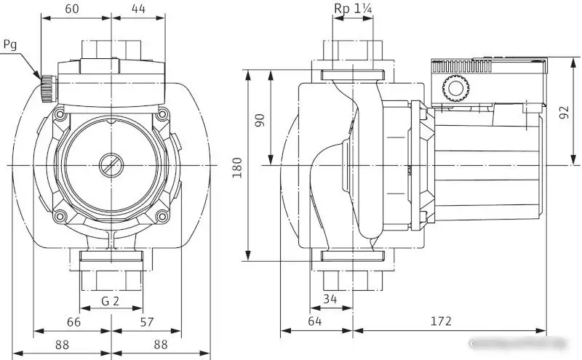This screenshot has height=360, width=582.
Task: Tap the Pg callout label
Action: (x=9, y=44)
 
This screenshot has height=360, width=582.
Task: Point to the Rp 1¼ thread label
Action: (x=353, y=8)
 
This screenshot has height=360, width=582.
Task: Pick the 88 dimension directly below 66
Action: (x=63, y=345)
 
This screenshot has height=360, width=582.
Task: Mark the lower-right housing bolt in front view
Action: (x=162, y=215)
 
